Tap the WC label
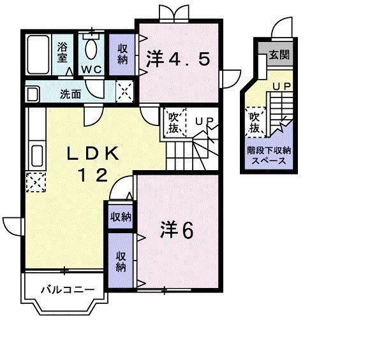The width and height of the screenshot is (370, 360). point(91,69)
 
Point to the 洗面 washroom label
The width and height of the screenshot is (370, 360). point(70,94)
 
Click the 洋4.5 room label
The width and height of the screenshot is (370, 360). point(177,59)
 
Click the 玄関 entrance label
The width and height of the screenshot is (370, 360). point(279,55)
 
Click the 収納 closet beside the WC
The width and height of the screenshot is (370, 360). point(123,53)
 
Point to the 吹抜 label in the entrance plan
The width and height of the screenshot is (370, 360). point(254,122)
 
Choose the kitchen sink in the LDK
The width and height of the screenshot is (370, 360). point(36,155)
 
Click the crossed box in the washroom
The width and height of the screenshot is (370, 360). point(125,92)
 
